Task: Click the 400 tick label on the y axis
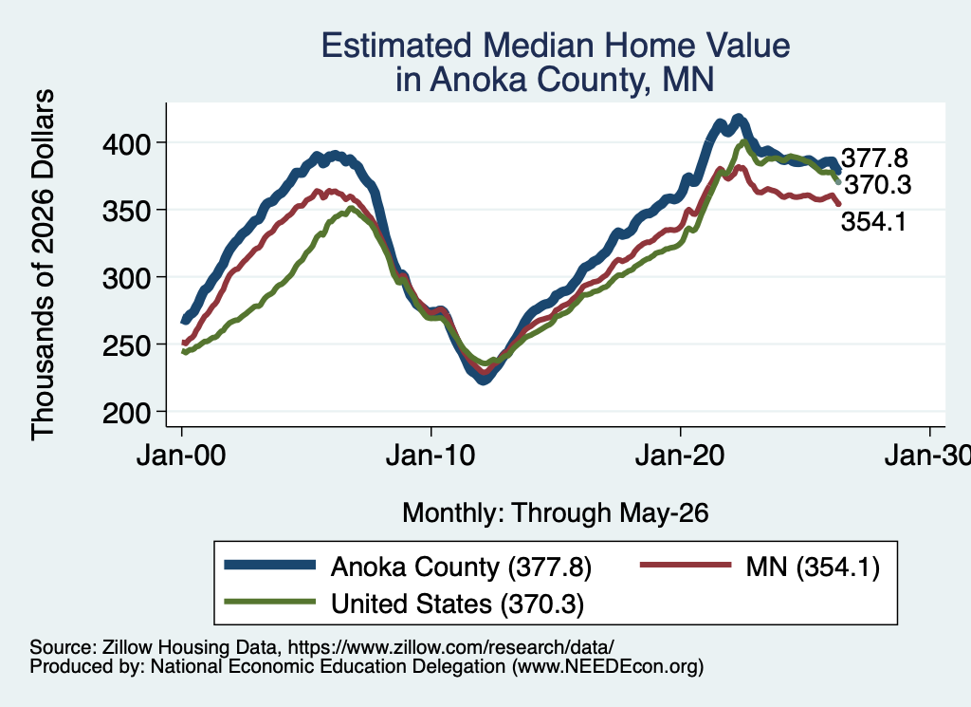tap(126, 144)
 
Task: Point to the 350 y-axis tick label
tap(126, 212)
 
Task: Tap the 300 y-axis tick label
tap(126, 278)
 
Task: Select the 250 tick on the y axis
tap(126, 345)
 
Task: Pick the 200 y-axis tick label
tap(126, 413)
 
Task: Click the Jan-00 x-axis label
tap(181, 456)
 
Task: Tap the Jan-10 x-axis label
tap(431, 456)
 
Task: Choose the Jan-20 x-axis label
tap(680, 456)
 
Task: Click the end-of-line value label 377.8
tap(874, 158)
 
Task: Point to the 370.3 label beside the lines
tap(877, 185)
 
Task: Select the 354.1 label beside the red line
tap(873, 221)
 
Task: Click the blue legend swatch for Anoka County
tap(270, 565)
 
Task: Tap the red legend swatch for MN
tap(685, 565)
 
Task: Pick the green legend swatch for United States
tap(270, 602)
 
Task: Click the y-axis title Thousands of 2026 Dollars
tap(43, 265)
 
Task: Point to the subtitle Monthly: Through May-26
tap(556, 513)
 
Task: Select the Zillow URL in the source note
tap(450, 647)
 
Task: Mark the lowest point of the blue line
tap(484, 381)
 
